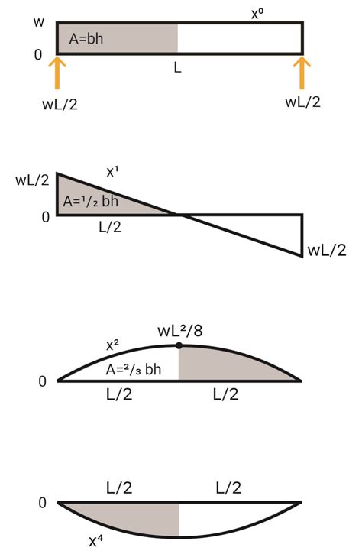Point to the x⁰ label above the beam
(x=258, y=12)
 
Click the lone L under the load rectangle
(x=177, y=68)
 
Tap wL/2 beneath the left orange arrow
(x=59, y=103)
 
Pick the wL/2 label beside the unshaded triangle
(x=326, y=251)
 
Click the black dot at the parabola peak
(x=179, y=345)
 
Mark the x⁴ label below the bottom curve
(x=96, y=541)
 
